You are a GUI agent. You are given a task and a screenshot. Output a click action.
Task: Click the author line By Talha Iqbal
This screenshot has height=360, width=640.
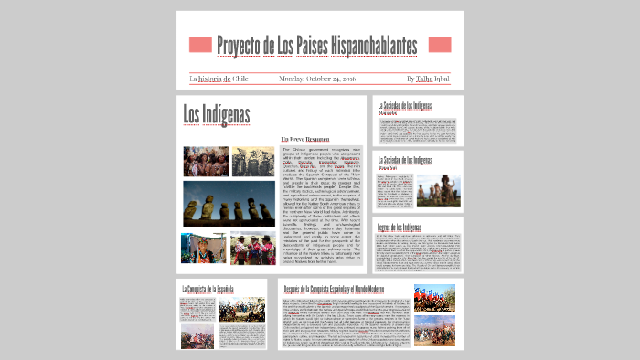(429, 79)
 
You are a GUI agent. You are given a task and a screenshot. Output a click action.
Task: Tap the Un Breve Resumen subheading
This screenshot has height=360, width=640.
(304, 139)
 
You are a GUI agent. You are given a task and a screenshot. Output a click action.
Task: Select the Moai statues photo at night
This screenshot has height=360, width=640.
(229, 204)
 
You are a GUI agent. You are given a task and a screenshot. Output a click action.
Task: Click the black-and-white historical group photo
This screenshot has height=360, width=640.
(252, 161)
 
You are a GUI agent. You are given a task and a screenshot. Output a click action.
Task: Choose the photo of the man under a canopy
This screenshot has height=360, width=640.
(201, 248)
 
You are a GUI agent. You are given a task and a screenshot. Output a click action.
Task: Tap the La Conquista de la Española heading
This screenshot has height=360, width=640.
(214, 290)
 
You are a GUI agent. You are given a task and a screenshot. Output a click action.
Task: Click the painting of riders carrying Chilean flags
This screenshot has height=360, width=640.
(434, 299)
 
